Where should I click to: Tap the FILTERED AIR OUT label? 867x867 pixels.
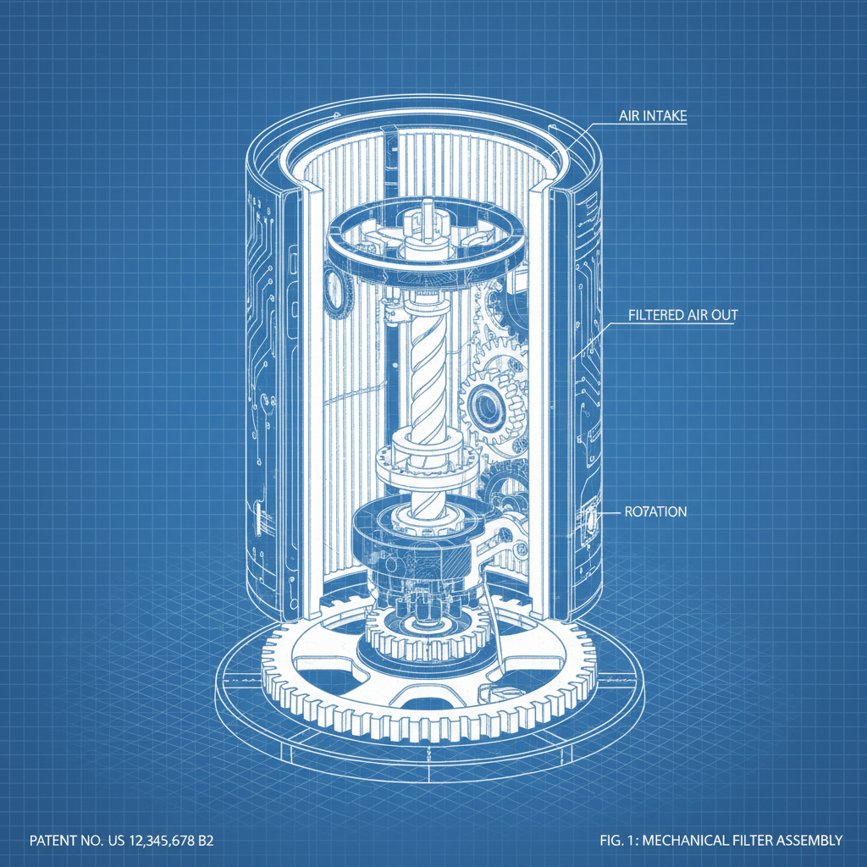[683, 315]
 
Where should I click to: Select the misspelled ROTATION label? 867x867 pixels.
[654, 511]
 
